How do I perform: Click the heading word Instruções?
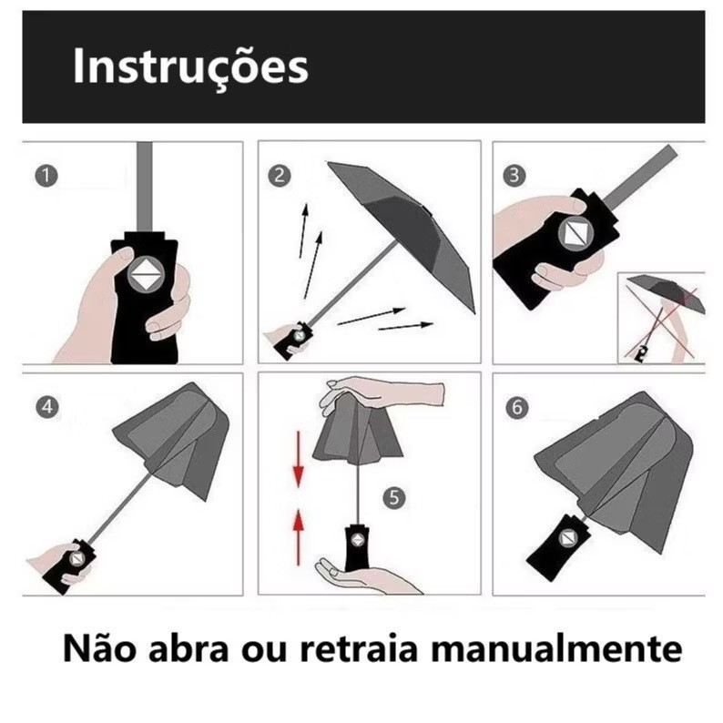(x=190, y=66)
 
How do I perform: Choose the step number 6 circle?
(x=515, y=408)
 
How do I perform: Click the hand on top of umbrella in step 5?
(x=382, y=392)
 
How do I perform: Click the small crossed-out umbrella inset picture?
(x=661, y=315)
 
